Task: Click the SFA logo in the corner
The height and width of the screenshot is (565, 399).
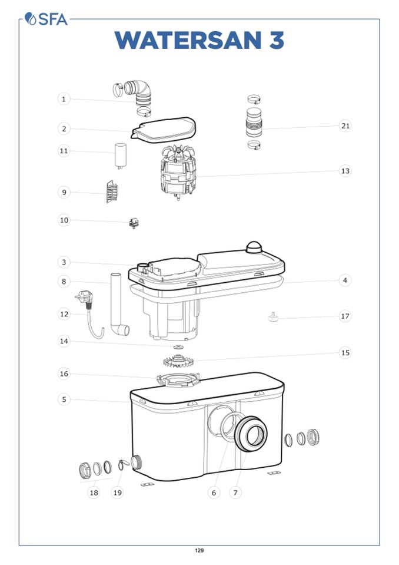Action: pyautogui.click(x=46, y=19)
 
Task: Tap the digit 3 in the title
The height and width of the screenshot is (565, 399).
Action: pyautogui.click(x=277, y=40)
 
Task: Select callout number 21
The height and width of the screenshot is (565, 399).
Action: pyautogui.click(x=345, y=125)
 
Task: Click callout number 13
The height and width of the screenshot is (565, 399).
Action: pyautogui.click(x=345, y=171)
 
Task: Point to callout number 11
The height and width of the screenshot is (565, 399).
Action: pyautogui.click(x=64, y=151)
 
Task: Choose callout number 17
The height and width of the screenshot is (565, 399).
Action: pyautogui.click(x=345, y=316)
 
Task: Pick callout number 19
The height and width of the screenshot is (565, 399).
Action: pyautogui.click(x=118, y=493)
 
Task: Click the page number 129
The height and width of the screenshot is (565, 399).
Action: pyautogui.click(x=199, y=550)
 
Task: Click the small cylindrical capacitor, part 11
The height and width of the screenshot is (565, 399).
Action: pyautogui.click(x=121, y=156)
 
